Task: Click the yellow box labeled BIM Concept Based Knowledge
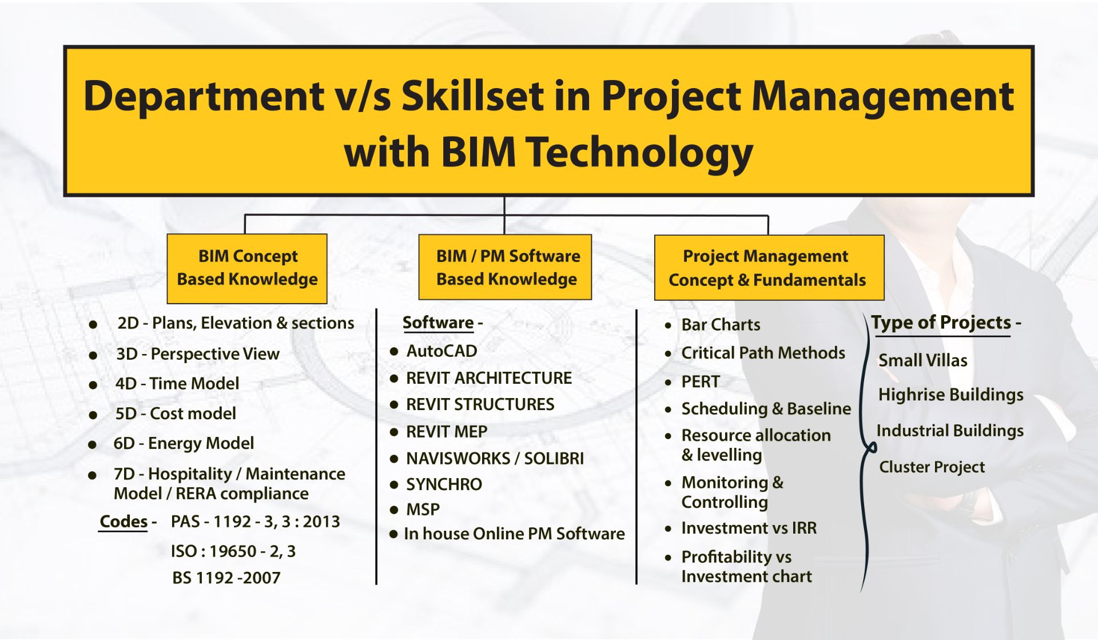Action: click(247, 268)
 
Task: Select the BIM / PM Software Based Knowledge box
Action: click(505, 267)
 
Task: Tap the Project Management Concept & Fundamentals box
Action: click(769, 268)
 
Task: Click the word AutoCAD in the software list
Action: click(441, 351)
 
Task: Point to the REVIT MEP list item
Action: click(447, 432)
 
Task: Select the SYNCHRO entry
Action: click(444, 484)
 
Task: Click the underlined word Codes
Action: click(124, 521)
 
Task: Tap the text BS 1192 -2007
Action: click(226, 578)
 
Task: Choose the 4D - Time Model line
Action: click(177, 383)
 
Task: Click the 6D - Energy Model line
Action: click(184, 443)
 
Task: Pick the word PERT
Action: click(701, 381)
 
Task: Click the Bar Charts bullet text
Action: click(721, 325)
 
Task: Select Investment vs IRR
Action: click(749, 528)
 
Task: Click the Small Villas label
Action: click(923, 360)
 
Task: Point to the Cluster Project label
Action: click(932, 467)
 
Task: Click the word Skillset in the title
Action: click(473, 96)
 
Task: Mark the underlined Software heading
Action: click(438, 323)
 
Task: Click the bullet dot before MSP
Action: click(393, 510)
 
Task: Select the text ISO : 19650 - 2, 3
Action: click(233, 551)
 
